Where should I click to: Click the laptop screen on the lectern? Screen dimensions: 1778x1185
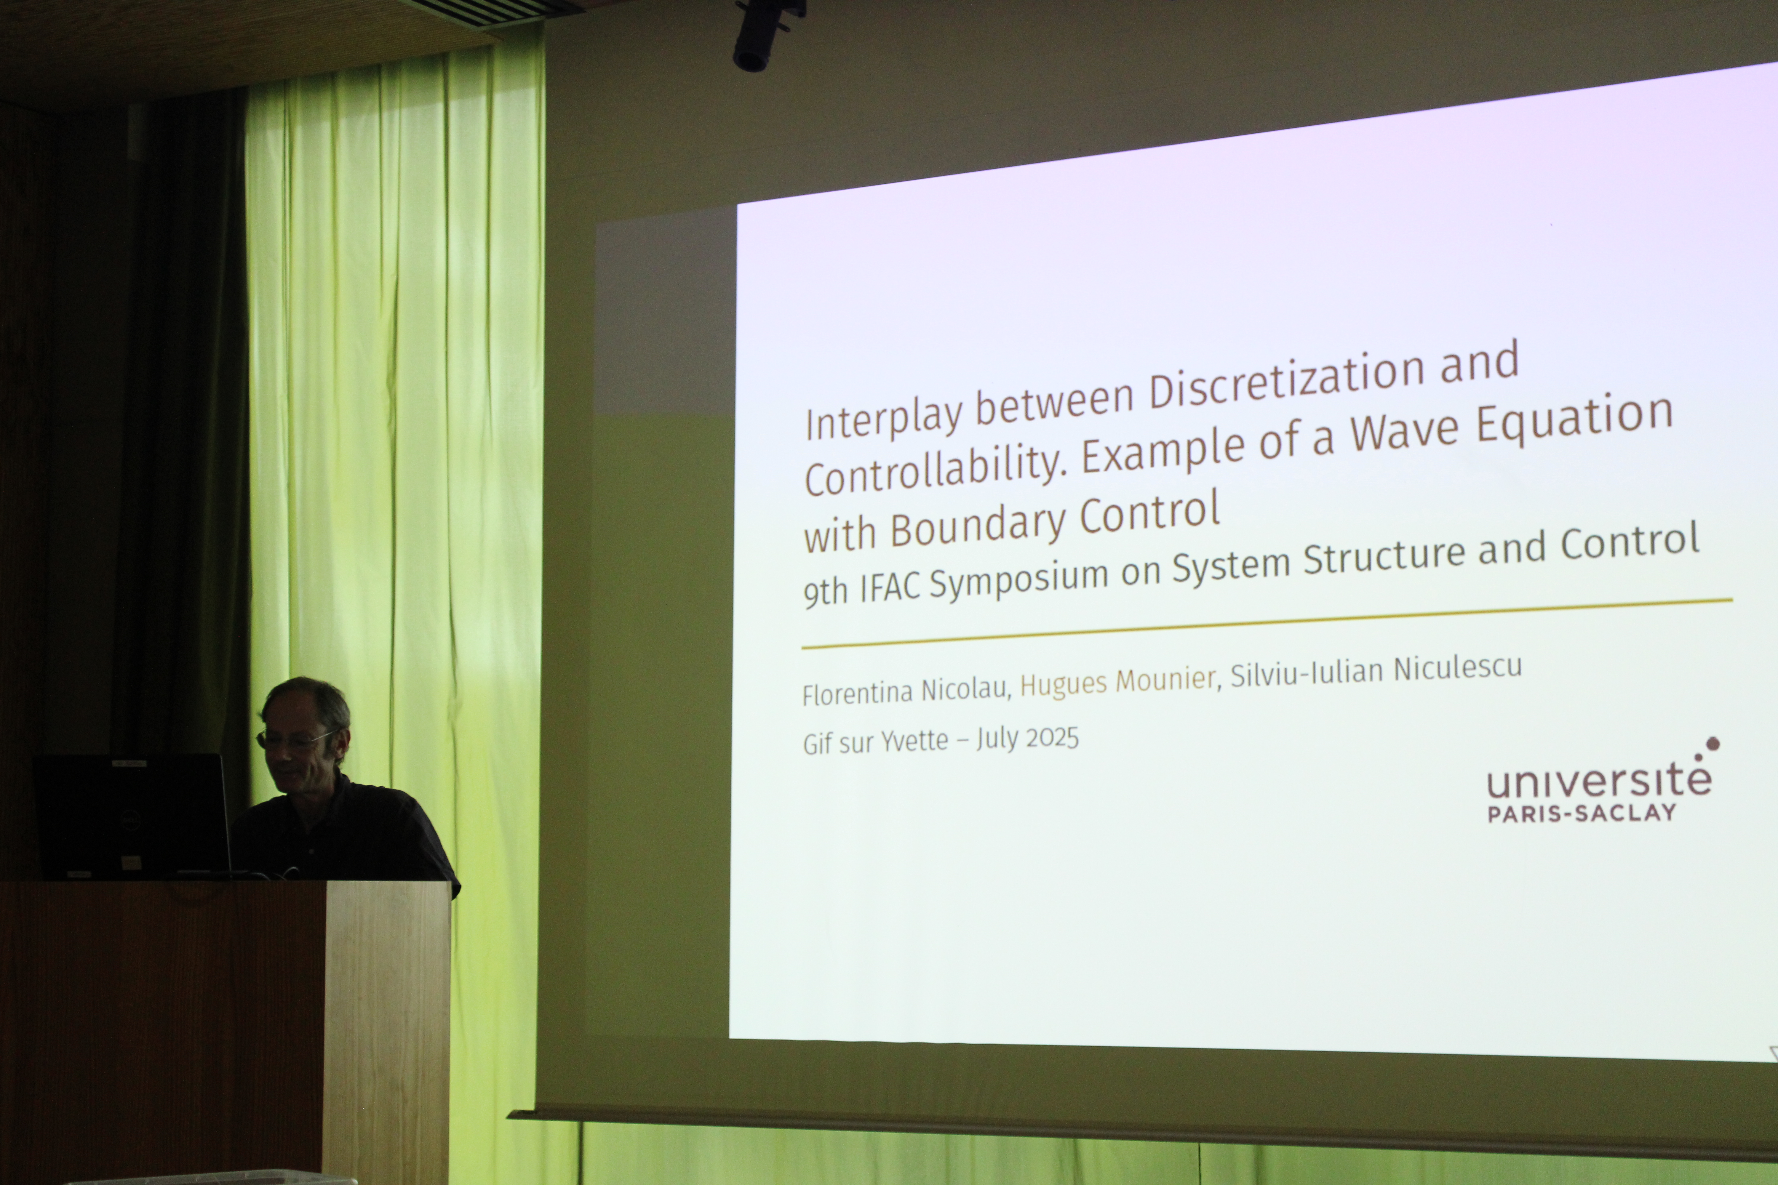[x=132, y=815]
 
